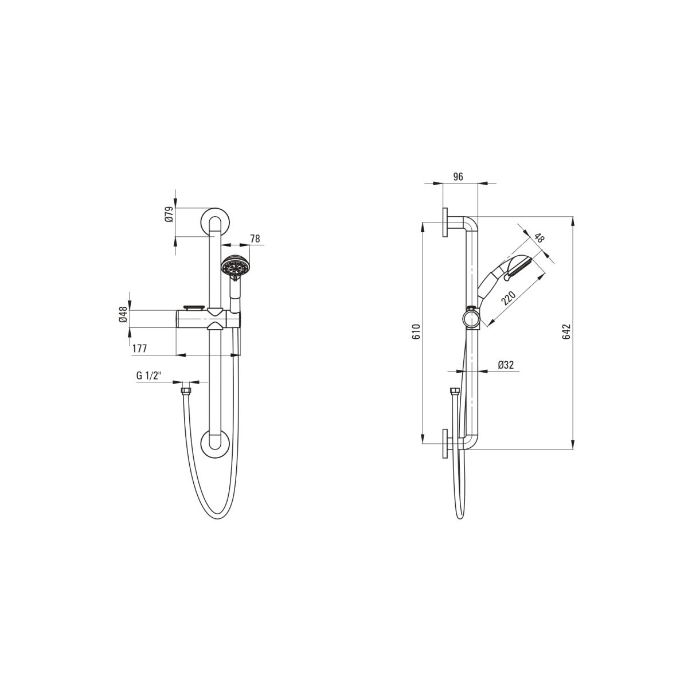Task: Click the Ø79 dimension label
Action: (170, 214)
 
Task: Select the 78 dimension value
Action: (255, 239)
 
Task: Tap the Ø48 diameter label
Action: (123, 315)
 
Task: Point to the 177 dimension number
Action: (139, 349)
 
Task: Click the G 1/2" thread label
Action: (149, 376)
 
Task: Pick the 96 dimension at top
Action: (458, 177)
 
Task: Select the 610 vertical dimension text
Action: (417, 332)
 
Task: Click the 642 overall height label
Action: (566, 332)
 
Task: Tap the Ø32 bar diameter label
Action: (506, 365)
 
